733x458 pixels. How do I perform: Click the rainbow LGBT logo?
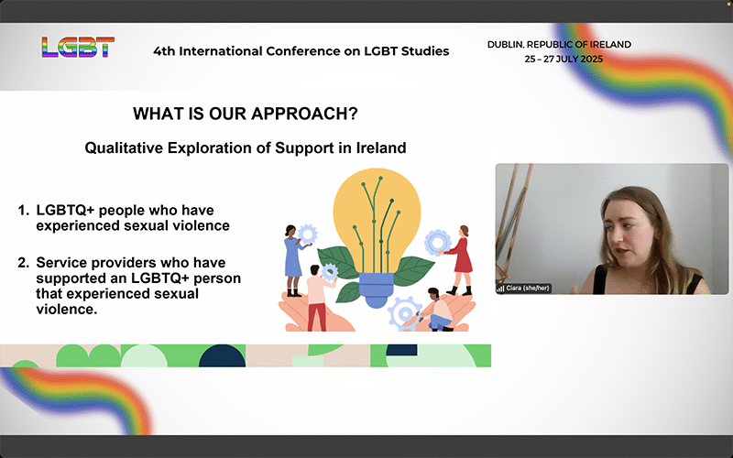tap(78, 48)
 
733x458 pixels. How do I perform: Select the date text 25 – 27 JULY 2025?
tap(563, 60)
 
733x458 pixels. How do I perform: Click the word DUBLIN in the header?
tap(506, 44)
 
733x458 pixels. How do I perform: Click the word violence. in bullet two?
tap(67, 309)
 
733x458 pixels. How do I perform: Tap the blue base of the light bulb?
tap(377, 289)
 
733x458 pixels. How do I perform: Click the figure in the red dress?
tap(460, 260)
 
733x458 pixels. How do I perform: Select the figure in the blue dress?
tap(294, 260)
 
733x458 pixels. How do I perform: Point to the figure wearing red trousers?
tap(318, 298)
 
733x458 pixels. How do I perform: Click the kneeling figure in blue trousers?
tap(437, 310)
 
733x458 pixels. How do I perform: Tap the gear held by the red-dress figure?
tap(438, 242)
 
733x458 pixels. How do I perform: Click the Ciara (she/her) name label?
tap(523, 289)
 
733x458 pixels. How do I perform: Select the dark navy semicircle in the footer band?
tap(222, 356)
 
